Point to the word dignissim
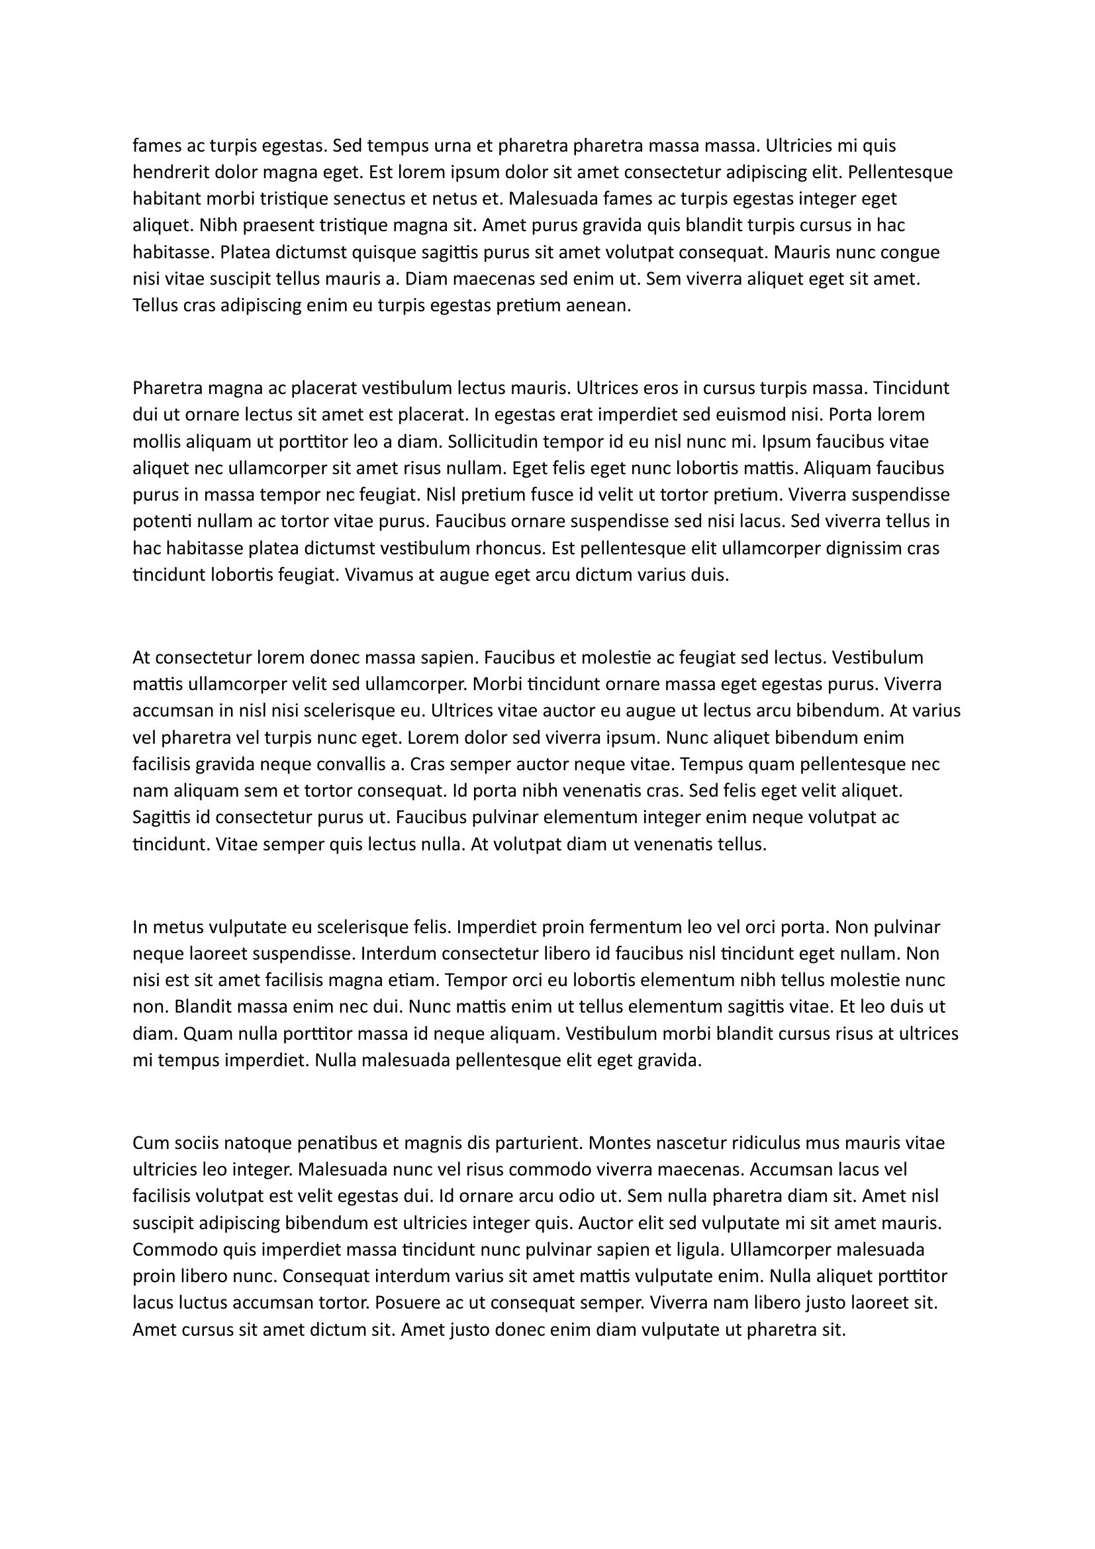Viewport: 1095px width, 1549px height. [x=865, y=548]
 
